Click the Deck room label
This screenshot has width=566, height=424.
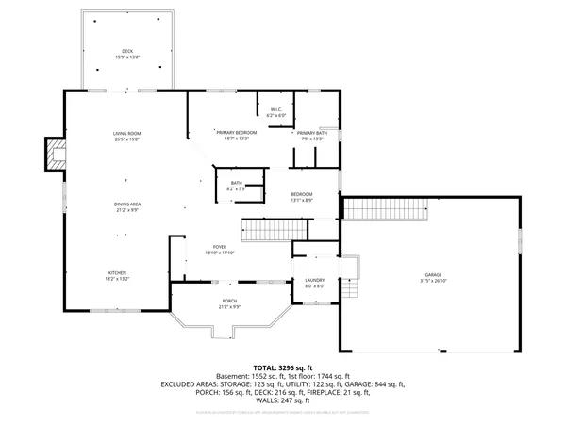click(126, 53)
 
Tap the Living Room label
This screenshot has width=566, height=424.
click(126, 138)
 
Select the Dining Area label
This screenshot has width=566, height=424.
click(127, 207)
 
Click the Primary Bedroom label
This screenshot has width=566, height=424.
click(237, 135)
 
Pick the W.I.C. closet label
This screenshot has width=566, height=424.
click(277, 112)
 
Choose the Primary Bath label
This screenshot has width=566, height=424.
click(311, 136)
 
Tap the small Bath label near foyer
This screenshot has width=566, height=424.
click(236, 187)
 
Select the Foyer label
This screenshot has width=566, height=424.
click(219, 250)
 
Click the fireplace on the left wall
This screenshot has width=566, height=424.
click(56, 155)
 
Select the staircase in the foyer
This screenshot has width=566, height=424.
click(274, 229)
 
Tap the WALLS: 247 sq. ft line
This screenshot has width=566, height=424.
click(283, 401)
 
